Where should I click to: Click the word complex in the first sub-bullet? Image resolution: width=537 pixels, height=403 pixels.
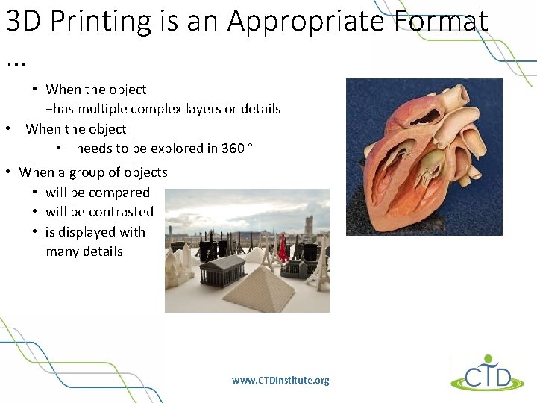[x=165, y=109]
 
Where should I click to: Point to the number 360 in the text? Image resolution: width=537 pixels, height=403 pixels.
[x=233, y=149]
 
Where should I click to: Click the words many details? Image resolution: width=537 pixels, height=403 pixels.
[x=84, y=252]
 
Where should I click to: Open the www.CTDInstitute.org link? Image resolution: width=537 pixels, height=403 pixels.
[x=280, y=381]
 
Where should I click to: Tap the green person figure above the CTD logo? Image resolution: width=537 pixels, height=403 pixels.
[x=488, y=359]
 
